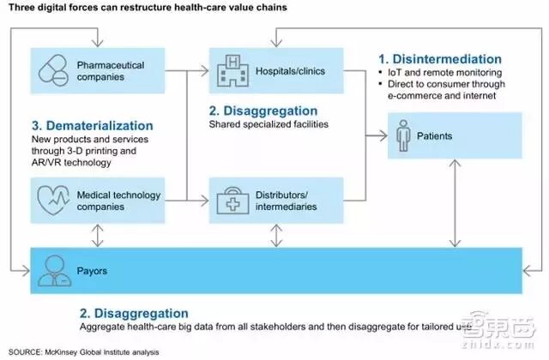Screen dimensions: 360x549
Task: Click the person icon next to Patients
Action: coord(406,135)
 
